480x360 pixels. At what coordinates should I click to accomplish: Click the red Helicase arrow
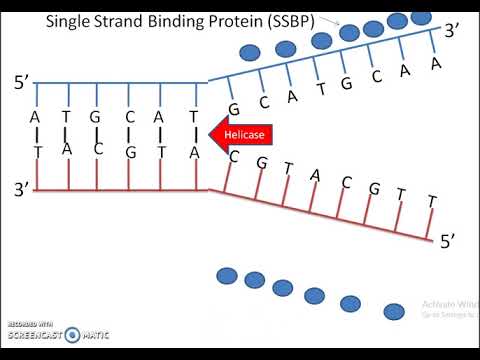point(240,131)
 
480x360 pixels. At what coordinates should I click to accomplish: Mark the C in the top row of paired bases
point(130,116)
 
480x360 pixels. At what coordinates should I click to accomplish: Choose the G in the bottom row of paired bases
point(130,152)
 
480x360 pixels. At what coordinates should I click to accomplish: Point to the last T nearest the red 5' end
point(432,202)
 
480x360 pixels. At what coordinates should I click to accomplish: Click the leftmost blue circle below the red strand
point(227,274)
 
